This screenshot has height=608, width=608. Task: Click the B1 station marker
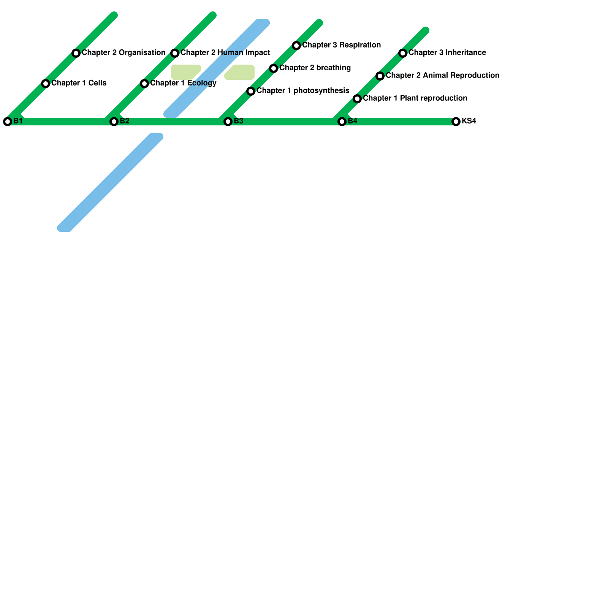point(8,122)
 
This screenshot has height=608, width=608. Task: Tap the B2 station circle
point(114,122)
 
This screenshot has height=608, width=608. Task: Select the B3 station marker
point(228,122)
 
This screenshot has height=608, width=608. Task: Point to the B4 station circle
point(342,122)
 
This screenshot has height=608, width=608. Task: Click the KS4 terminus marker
point(456,122)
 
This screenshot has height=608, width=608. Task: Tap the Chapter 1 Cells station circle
point(46,84)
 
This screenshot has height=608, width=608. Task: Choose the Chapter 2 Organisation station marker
point(76,53)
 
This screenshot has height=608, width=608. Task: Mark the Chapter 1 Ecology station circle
point(144,84)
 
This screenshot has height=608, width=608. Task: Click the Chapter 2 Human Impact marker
point(175,53)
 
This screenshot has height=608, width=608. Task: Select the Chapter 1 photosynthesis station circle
point(251,91)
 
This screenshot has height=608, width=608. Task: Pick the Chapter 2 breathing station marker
point(274,68)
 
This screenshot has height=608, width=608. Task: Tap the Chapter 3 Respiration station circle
point(296,46)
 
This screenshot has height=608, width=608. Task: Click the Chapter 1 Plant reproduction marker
point(357,99)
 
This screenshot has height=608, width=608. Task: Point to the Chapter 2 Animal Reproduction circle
point(380,76)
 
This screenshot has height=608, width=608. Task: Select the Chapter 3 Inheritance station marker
point(403,53)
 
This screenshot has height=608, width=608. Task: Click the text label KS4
point(469,121)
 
